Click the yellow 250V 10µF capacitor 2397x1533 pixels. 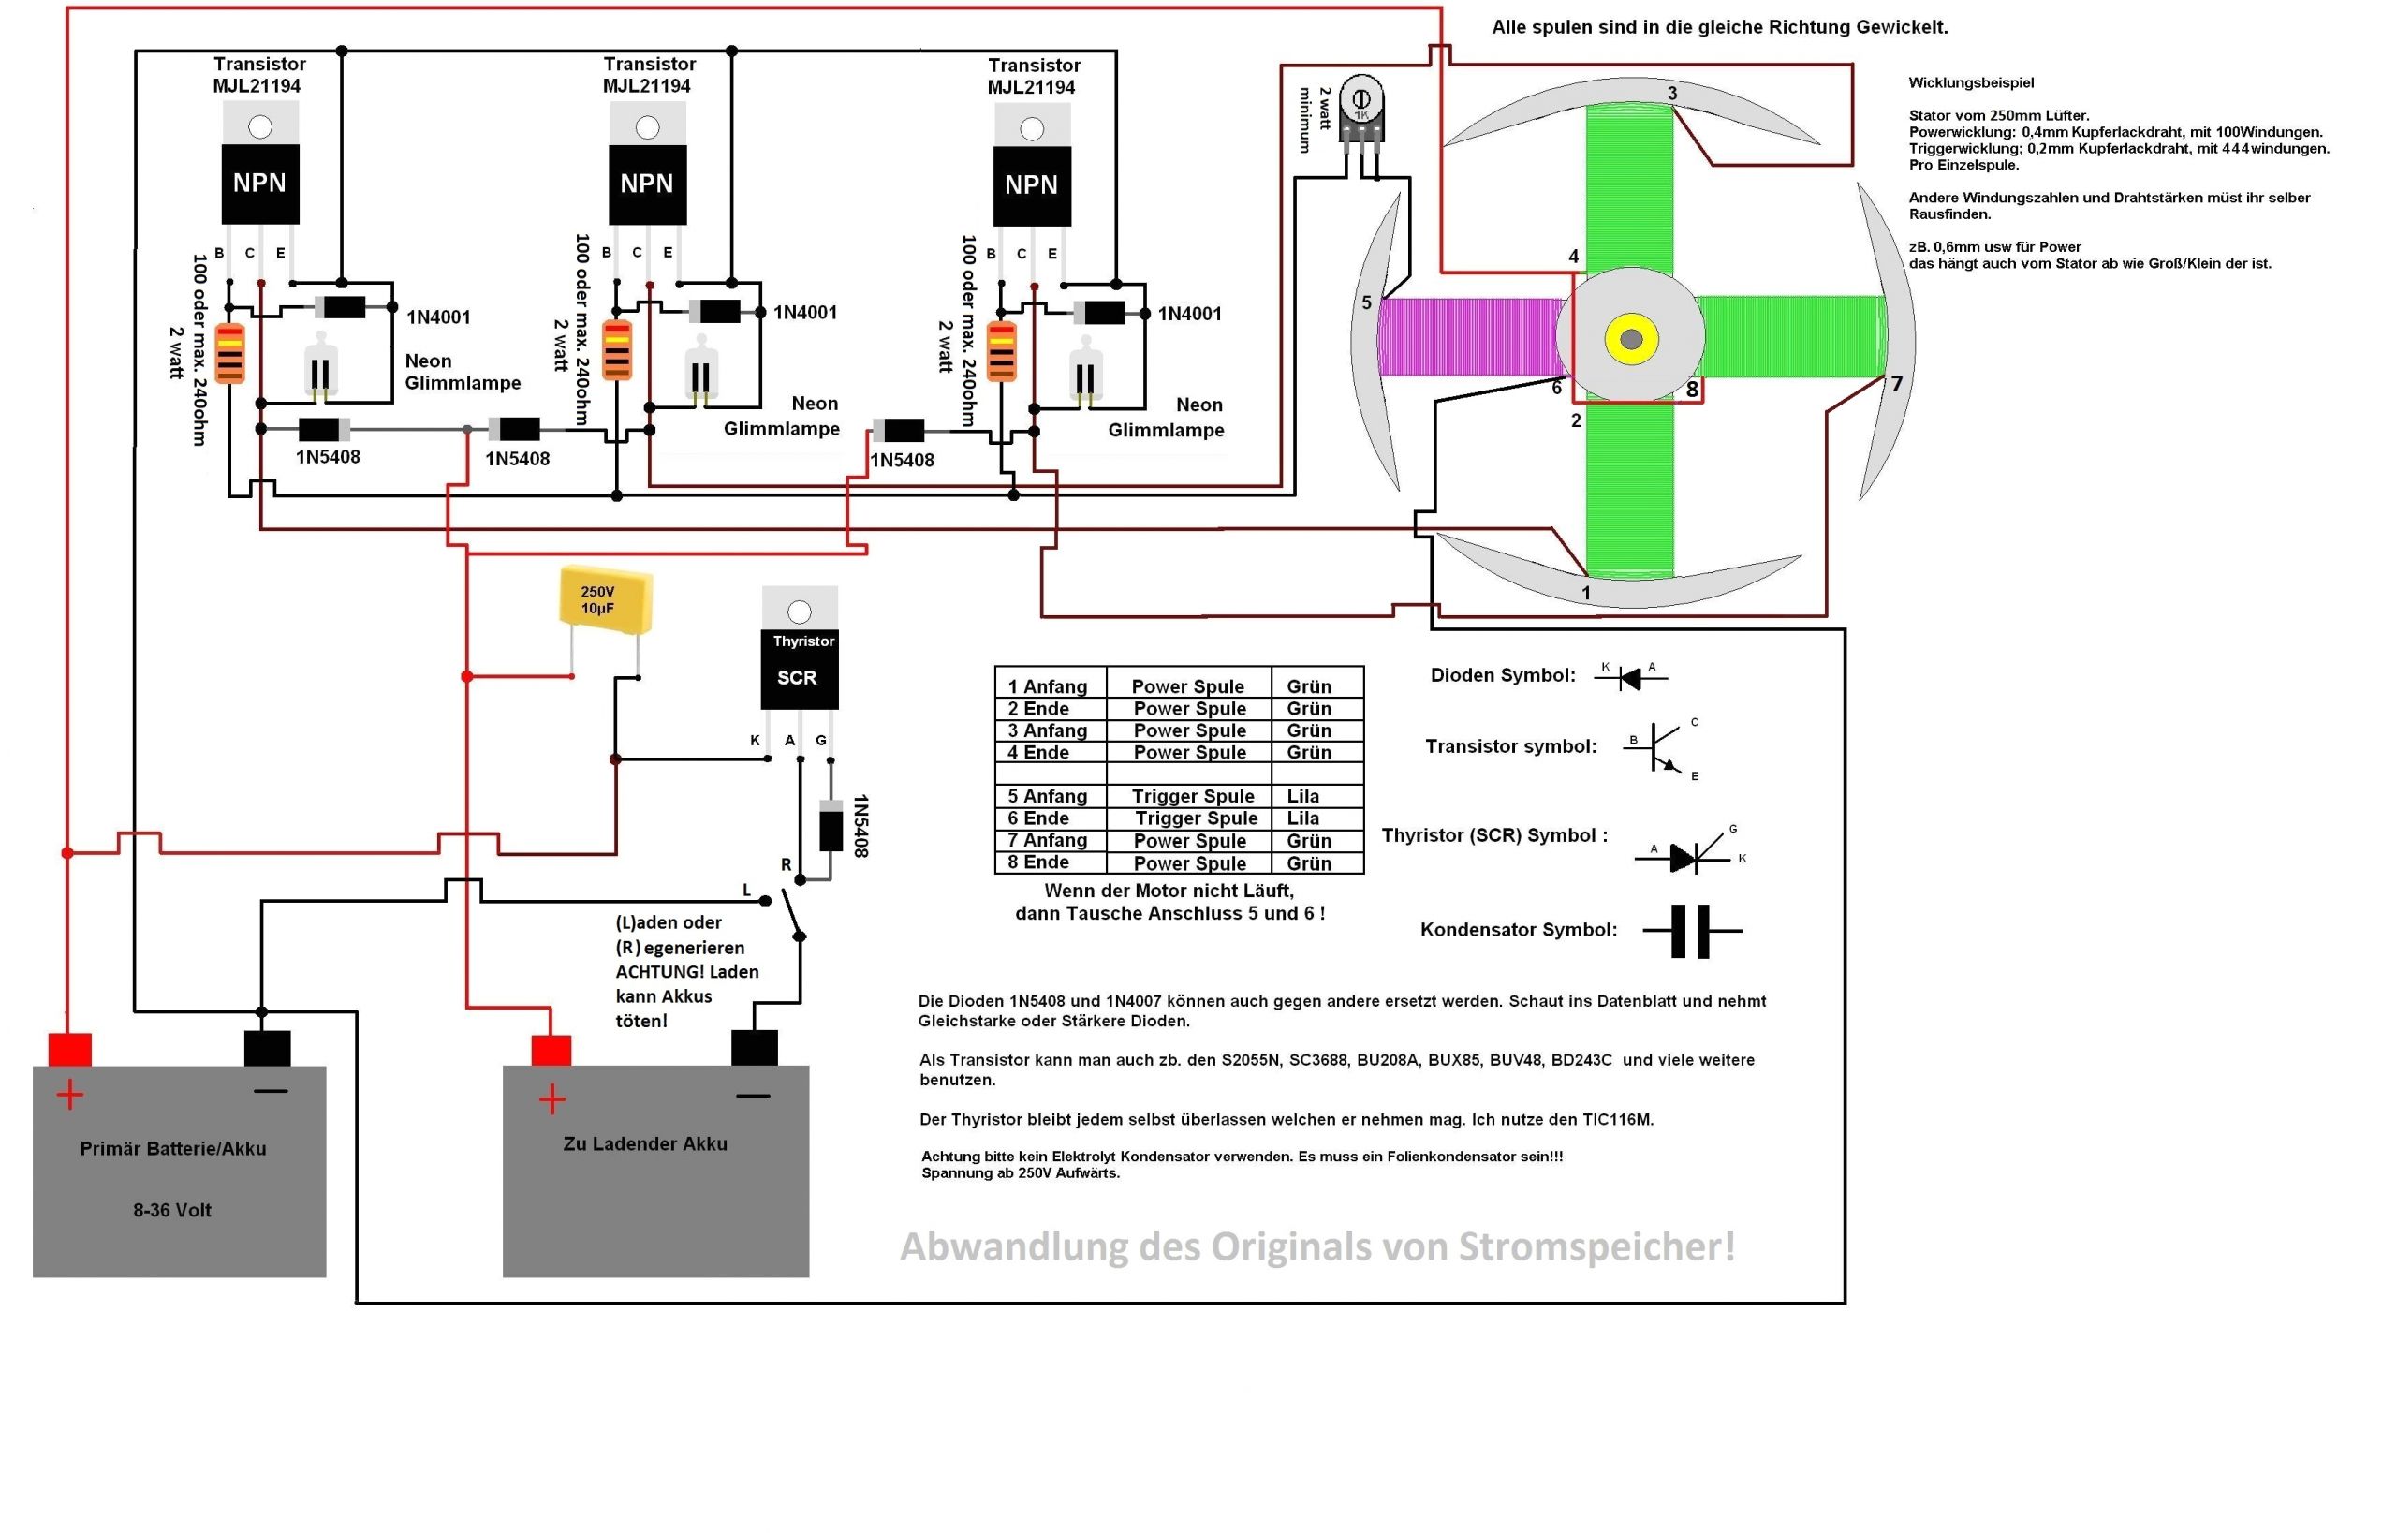(605, 599)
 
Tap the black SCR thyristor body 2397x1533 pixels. (800, 669)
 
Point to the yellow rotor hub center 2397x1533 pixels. (1630, 339)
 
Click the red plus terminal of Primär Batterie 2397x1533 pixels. (69, 1049)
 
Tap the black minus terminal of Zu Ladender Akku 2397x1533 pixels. (754, 1047)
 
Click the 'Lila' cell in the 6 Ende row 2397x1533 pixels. (1303, 818)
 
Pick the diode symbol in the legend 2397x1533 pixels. (1629, 678)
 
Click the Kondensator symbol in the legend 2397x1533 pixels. (1690, 931)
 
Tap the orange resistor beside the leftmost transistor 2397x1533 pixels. (230, 352)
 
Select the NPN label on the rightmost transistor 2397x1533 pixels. (1031, 185)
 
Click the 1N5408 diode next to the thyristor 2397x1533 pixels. (831, 825)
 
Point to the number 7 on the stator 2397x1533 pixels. (1895, 383)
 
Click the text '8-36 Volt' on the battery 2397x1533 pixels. (172, 1210)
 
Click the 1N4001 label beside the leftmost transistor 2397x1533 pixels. (438, 317)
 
